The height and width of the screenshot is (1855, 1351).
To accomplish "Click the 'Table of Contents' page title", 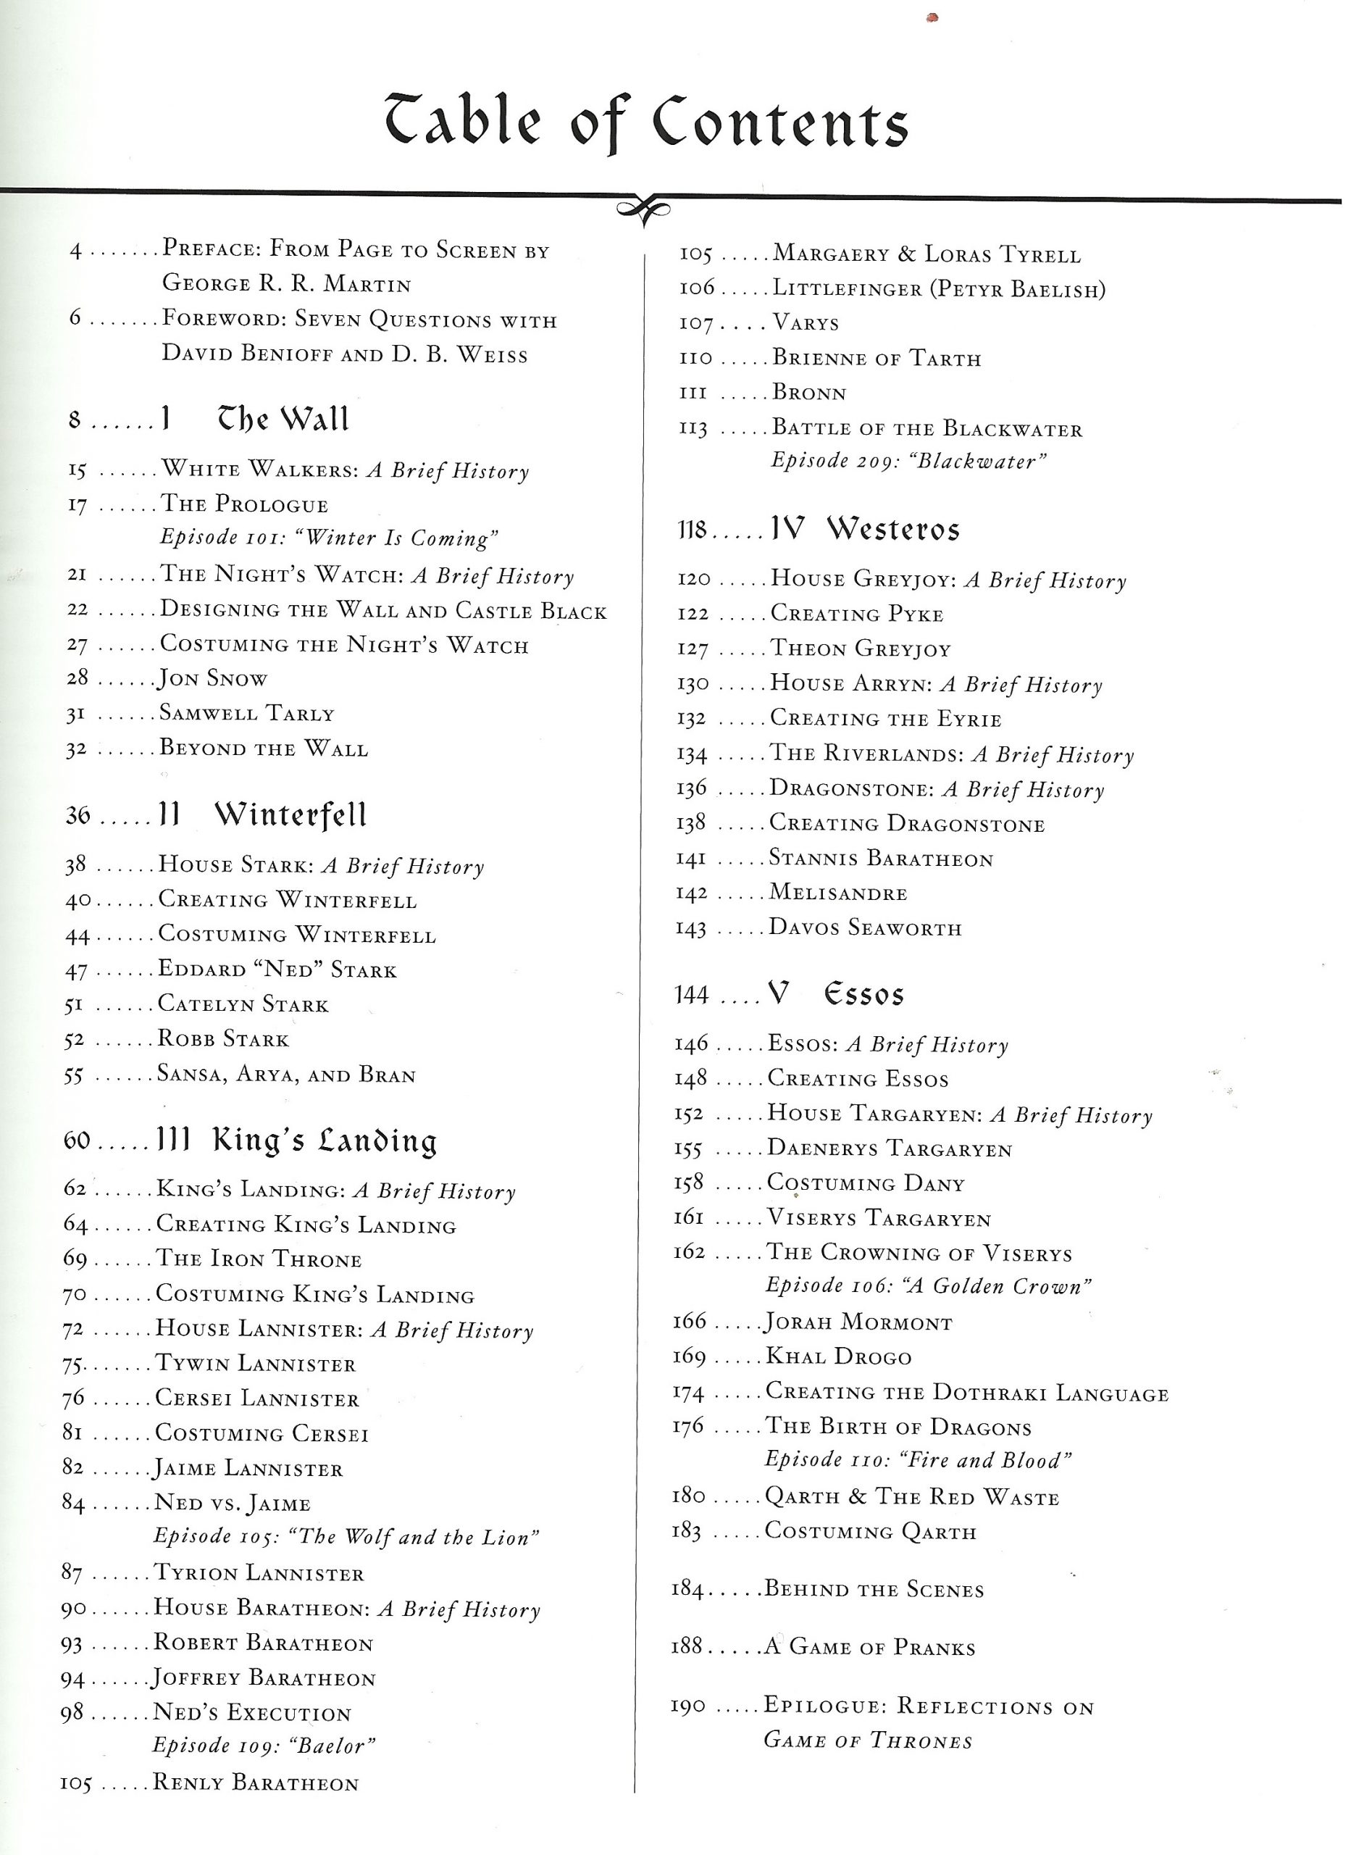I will click(x=646, y=122).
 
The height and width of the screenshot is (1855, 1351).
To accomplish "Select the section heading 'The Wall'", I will click(x=283, y=420).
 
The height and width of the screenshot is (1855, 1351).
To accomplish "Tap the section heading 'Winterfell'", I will click(x=290, y=814).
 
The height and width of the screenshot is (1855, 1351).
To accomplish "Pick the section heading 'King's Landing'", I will click(x=325, y=1141).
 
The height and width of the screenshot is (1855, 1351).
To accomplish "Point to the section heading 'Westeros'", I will click(x=893, y=529).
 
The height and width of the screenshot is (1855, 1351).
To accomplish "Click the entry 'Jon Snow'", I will click(x=214, y=679).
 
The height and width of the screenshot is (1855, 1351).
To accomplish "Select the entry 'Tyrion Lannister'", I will click(x=259, y=1573).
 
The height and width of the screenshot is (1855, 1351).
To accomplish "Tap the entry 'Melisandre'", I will click(x=838, y=893).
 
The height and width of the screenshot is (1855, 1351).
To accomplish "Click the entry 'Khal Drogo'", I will click(x=838, y=1357).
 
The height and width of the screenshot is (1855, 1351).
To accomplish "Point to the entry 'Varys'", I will click(x=806, y=323).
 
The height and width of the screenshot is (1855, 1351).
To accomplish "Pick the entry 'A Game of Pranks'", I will click(x=869, y=1647).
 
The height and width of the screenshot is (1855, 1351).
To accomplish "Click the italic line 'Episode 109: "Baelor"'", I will click(x=264, y=1746).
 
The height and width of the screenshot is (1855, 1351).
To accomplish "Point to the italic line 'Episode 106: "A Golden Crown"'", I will click(x=928, y=1287).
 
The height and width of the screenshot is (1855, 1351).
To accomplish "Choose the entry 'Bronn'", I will click(x=810, y=393).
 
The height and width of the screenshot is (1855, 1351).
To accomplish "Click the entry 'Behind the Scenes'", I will click(x=874, y=1590).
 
